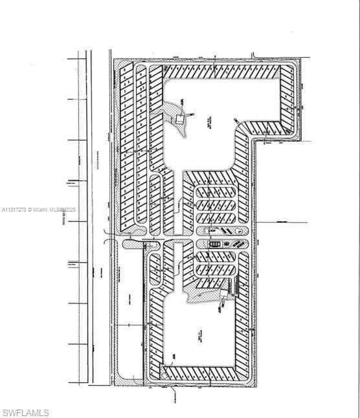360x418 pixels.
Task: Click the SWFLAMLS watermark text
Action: pos(25,412)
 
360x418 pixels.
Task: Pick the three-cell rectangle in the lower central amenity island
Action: pos(216,243)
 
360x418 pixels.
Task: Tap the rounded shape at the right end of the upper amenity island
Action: pos(240,230)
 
